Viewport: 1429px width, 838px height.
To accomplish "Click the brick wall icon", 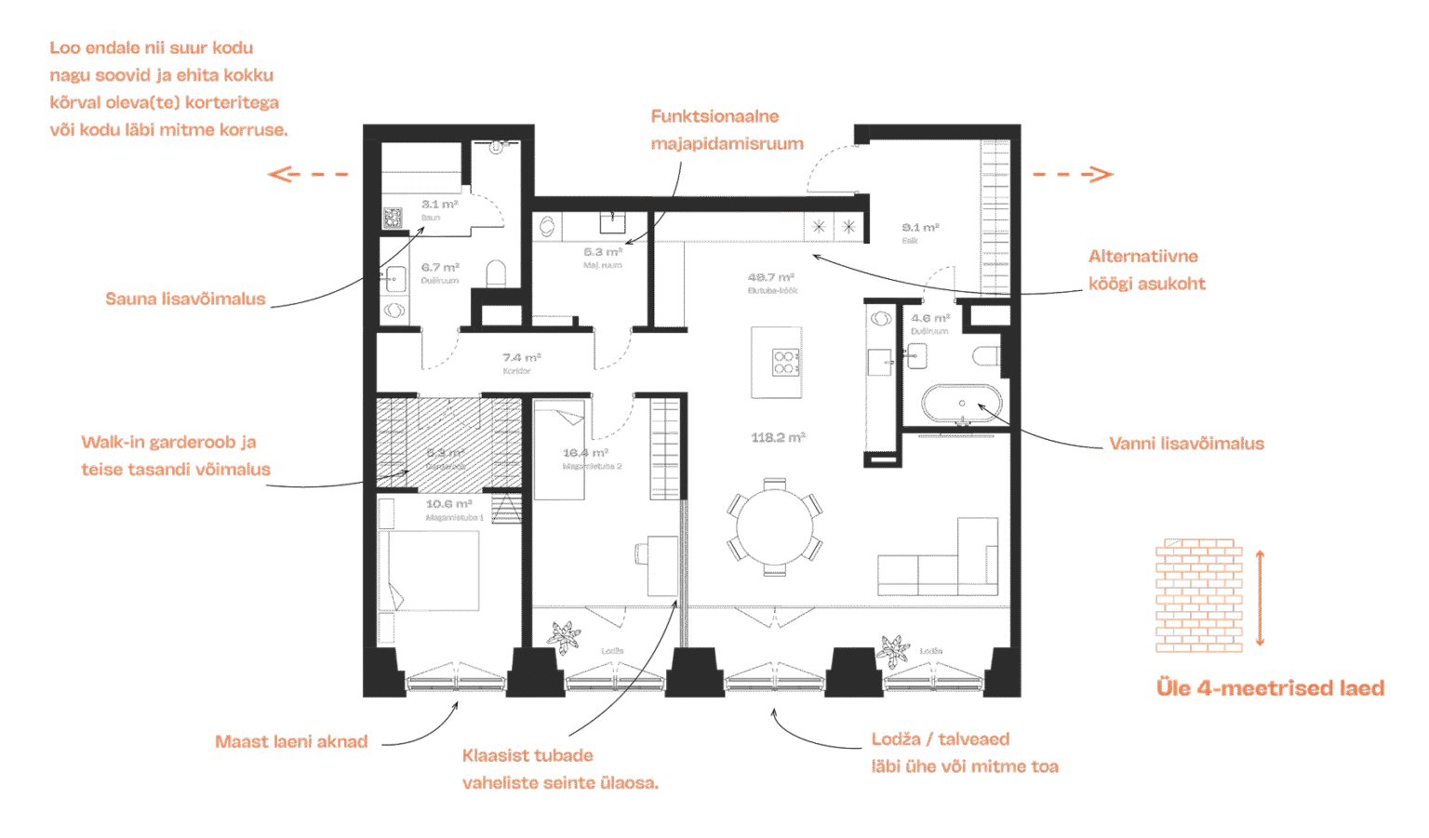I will [1198, 595].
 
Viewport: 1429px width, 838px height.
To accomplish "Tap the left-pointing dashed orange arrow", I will [307, 174].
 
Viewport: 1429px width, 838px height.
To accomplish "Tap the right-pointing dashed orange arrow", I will [1073, 174].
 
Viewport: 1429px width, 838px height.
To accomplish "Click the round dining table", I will [773, 527].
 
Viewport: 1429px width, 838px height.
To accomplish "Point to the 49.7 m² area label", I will [772, 282].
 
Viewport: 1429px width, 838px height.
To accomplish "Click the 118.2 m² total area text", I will [778, 437].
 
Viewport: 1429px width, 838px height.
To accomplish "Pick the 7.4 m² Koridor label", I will [521, 363].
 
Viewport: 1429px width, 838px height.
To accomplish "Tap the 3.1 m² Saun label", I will [438, 209].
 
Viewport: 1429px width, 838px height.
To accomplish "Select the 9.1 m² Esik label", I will [919, 233].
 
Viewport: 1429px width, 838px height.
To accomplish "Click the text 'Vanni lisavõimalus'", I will [1186, 444].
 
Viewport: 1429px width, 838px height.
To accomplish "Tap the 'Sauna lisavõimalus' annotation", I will [185, 299].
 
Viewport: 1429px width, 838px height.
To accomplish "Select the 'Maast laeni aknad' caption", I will [291, 741].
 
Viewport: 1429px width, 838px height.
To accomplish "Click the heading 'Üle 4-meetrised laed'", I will [1270, 687].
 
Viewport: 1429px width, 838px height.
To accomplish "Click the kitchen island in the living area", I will [776, 362].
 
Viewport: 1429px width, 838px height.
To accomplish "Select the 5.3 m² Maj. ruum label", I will [602, 257].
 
